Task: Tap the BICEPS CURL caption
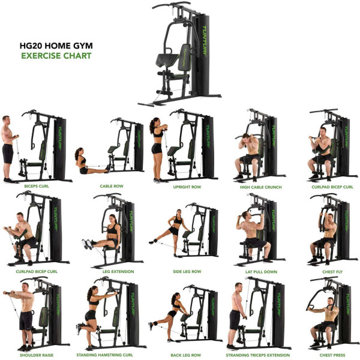[36, 187]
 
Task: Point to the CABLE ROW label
[111, 187]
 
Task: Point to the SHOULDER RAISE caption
[36, 355]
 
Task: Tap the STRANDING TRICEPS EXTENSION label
[257, 355]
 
